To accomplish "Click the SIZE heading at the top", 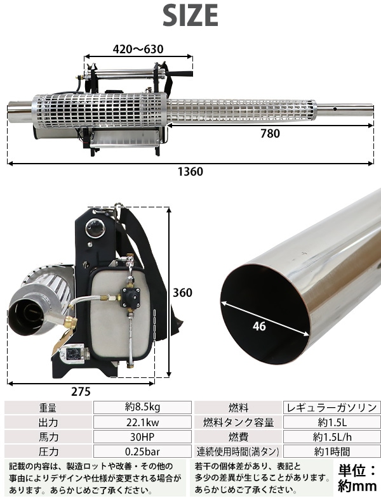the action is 190,15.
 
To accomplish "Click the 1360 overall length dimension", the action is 190,172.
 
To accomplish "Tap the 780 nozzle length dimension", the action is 270,134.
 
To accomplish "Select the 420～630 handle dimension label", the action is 138,49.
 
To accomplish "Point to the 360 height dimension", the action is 182,292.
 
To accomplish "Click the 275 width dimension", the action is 81,391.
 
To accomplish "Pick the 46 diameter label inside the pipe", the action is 259,326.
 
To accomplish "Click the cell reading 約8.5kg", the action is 142,407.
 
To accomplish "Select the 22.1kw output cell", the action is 142,422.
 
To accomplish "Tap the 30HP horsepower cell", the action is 142,437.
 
